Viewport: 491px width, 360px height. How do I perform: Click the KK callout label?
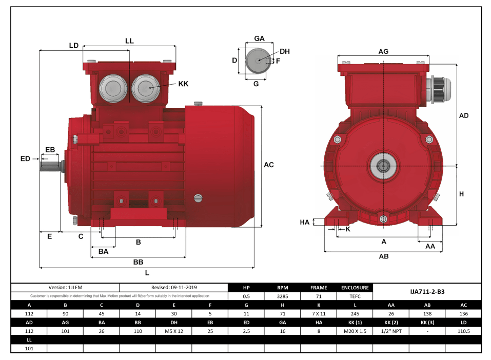pyautogui.click(x=183, y=84)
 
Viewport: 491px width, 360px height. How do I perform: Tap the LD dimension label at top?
pyautogui.click(x=74, y=45)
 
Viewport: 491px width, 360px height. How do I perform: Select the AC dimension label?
pyautogui.click(x=268, y=165)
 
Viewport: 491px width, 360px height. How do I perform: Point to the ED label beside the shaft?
pyautogui.click(x=25, y=159)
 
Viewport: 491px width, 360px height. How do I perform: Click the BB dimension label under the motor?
pyautogui.click(x=138, y=262)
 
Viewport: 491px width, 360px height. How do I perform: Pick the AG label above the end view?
pyautogui.click(x=383, y=51)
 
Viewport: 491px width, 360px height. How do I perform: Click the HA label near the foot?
pyautogui.click(x=305, y=222)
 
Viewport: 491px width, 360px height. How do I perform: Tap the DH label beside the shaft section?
pyautogui.click(x=285, y=51)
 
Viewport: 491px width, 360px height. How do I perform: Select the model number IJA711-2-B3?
pyautogui.click(x=427, y=291)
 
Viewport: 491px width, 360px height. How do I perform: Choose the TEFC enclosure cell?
pyautogui.click(x=355, y=296)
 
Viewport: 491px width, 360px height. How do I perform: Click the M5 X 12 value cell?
pyautogui.click(x=174, y=331)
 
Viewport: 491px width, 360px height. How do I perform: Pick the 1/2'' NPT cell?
pyautogui.click(x=391, y=331)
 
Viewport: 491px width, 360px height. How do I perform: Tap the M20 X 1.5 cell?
pyautogui.click(x=355, y=331)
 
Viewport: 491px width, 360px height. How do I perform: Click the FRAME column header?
pyautogui.click(x=318, y=288)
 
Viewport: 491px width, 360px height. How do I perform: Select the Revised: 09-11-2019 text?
pyautogui.click(x=174, y=288)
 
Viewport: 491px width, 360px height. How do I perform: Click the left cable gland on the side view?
pyautogui.click(x=112, y=88)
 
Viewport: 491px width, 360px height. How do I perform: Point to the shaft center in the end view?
pyautogui.click(x=383, y=165)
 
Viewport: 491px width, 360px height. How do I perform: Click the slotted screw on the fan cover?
pyautogui.click(x=199, y=198)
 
